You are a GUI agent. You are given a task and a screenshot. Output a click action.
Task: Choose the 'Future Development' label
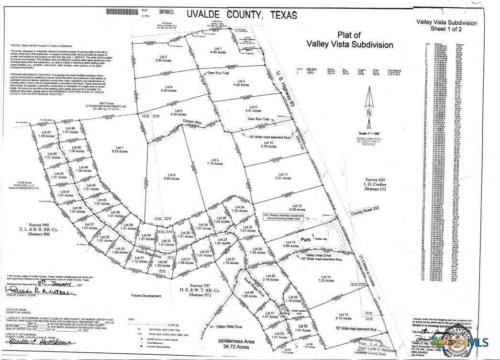click(x=146, y=296)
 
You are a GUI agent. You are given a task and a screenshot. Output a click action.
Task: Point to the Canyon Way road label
click(x=190, y=121)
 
